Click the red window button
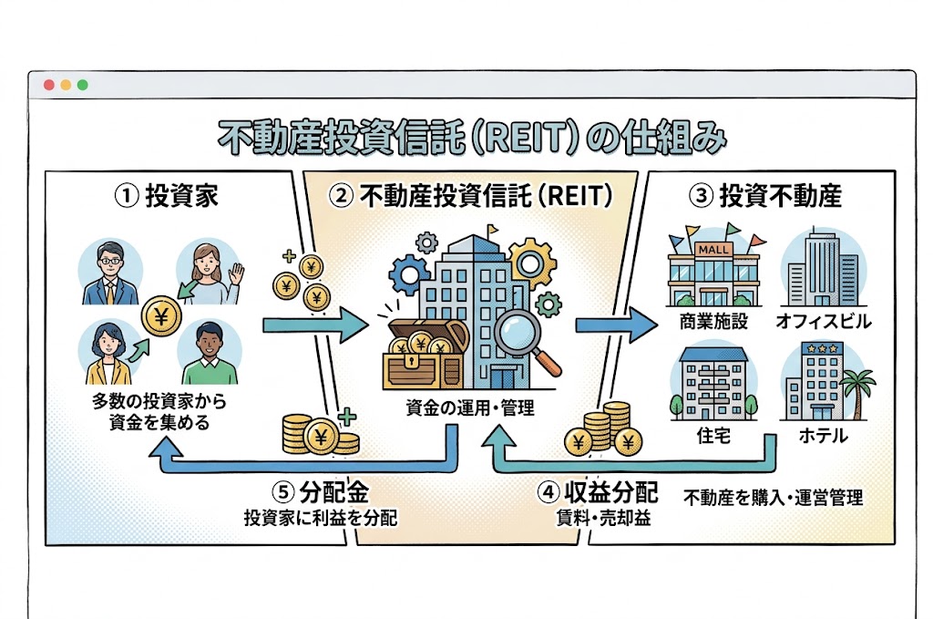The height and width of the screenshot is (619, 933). (49, 85)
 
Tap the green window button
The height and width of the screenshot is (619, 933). (83, 85)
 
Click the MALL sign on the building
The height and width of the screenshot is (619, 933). (713, 250)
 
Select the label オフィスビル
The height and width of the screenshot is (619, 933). (824, 322)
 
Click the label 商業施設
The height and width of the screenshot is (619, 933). (713, 322)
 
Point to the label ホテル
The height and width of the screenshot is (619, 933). (823, 436)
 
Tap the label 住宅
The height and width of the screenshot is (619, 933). (713, 436)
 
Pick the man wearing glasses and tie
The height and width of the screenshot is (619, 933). (110, 273)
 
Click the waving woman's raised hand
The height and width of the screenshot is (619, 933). (236, 274)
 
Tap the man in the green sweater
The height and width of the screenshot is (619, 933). (210, 354)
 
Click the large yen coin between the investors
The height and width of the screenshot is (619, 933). (161, 316)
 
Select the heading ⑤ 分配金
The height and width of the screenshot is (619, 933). (321, 492)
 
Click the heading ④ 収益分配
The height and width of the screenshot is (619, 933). (598, 492)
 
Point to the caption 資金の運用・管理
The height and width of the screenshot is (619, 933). (470, 408)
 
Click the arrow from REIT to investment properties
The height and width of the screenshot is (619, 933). (617, 325)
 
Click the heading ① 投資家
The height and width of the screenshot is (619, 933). (167, 196)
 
